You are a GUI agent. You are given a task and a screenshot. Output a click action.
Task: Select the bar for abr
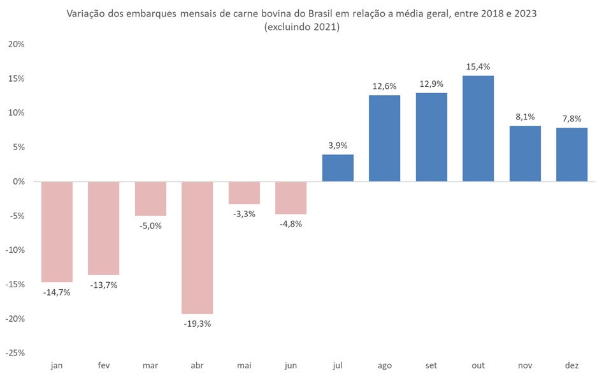tap(197, 248)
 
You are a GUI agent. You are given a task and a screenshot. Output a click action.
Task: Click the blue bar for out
tap(478, 129)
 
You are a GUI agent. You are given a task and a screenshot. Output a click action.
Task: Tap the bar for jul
tap(338, 168)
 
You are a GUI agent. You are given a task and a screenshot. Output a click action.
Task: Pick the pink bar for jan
tap(57, 232)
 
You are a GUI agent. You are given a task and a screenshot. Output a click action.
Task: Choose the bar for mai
tap(244, 193)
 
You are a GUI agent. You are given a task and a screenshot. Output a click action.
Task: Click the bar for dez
tap(572, 154)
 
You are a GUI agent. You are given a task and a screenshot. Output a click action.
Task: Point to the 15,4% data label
tap(478, 66)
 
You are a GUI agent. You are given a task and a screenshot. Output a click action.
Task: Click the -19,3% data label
tap(198, 324)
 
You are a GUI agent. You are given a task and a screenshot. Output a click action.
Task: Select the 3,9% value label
tap(338, 146)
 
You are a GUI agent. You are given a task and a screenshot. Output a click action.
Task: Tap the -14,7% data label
tap(57, 292)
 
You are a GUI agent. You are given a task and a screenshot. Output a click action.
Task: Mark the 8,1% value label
tap(525, 117)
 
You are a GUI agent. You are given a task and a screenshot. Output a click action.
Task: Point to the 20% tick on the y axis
tap(17, 44)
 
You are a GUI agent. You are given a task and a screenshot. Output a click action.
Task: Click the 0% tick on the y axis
tap(19, 181)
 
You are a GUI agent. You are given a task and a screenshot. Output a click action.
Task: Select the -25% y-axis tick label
tap(16, 352)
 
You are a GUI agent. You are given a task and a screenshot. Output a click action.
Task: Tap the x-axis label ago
tap(384, 365)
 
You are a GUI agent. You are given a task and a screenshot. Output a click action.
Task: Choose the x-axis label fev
tap(104, 365)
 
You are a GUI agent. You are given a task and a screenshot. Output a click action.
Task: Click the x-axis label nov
tap(525, 365)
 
